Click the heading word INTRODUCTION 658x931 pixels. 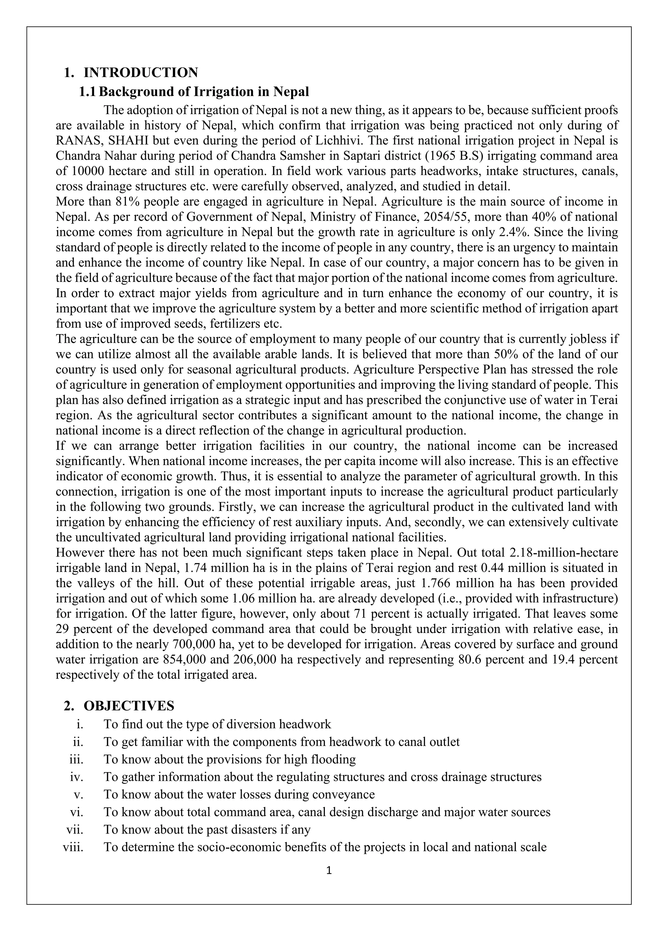[x=141, y=73]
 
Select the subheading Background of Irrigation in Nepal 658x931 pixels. [x=204, y=92]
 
